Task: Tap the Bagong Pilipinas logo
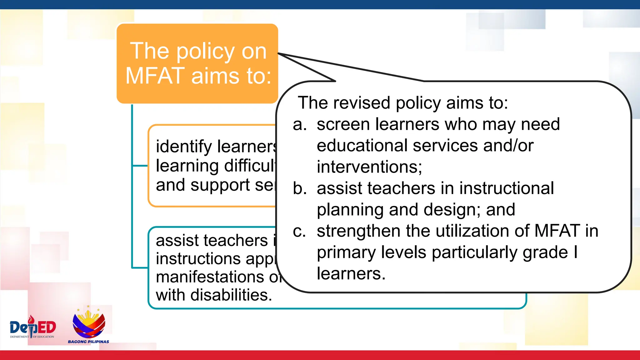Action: (89, 325)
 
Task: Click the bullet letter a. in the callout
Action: (300, 125)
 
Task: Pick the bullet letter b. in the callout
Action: (300, 188)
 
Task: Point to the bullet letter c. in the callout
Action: (299, 231)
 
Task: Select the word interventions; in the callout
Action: (369, 167)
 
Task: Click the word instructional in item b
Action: (506, 188)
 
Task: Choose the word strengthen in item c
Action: (358, 231)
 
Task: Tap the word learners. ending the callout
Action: (351, 274)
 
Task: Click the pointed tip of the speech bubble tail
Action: (278, 53)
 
